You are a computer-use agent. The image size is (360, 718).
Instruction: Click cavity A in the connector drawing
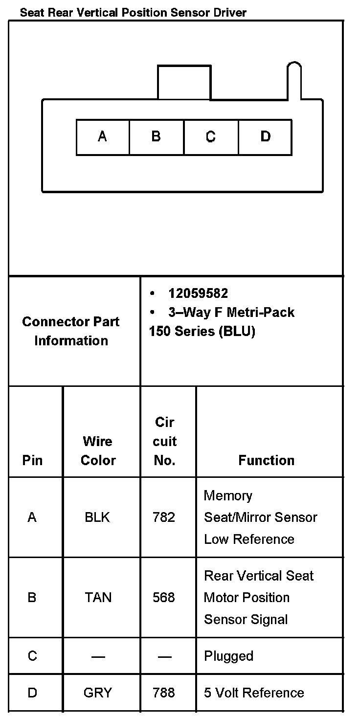pos(103,136)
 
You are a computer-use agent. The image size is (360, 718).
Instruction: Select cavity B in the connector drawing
pos(157,136)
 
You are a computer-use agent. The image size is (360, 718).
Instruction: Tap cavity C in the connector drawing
pos(211,136)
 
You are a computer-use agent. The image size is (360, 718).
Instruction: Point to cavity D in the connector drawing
pos(265,136)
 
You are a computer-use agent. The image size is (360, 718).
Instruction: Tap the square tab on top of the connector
pos(184,83)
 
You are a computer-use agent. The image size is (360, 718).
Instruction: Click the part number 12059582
pos(198,293)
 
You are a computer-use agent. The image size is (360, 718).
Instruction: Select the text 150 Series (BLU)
pos(202,331)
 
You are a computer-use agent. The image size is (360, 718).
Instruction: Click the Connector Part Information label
pos(71,331)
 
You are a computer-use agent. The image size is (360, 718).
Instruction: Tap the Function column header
pos(267,460)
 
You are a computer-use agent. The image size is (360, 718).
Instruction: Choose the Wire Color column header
pos(98,451)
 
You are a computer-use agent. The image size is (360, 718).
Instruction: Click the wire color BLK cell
pos(98,517)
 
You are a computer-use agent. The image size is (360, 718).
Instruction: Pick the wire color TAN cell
pos(98,598)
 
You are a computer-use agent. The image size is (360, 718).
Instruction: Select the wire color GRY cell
pos(98,693)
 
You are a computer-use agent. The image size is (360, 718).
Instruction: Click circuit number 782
pos(164,517)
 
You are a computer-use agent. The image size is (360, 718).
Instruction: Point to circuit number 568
pos(164,598)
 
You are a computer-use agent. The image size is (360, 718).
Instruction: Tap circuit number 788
pos(164,693)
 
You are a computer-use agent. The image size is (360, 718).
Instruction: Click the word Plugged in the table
pos(228,656)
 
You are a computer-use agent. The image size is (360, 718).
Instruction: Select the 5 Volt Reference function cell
pos(254,693)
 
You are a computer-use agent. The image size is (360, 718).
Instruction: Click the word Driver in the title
pos(229,12)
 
